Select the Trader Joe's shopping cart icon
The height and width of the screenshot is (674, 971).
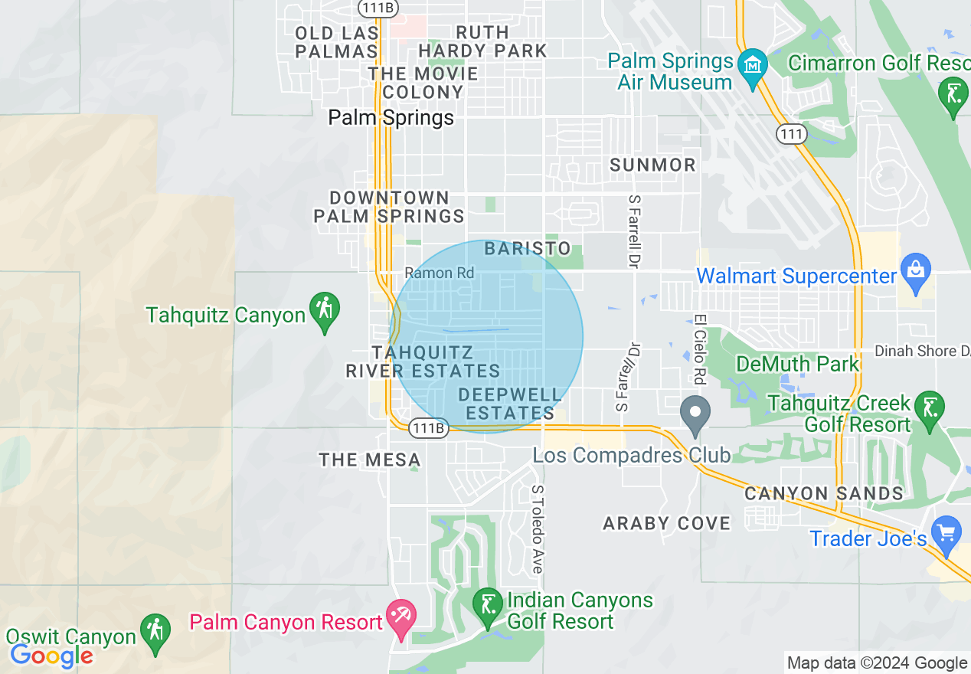click(x=947, y=532)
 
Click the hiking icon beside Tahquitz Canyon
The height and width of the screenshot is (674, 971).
click(x=325, y=308)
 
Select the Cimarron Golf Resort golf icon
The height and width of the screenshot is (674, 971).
click(x=953, y=93)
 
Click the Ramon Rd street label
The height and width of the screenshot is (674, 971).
click(x=440, y=273)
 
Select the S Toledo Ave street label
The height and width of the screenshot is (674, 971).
click(x=538, y=528)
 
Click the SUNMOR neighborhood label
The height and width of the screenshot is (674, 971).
click(x=653, y=165)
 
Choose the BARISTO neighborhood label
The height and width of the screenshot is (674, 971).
click(x=528, y=248)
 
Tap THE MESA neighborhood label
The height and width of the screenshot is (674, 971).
click(x=370, y=460)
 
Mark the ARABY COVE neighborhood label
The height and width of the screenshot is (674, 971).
click(x=666, y=523)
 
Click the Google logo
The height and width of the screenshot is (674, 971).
click(x=51, y=656)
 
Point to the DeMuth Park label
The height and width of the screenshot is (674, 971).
click(x=798, y=363)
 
